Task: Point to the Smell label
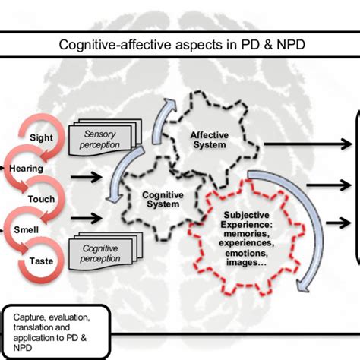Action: click(27, 227)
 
